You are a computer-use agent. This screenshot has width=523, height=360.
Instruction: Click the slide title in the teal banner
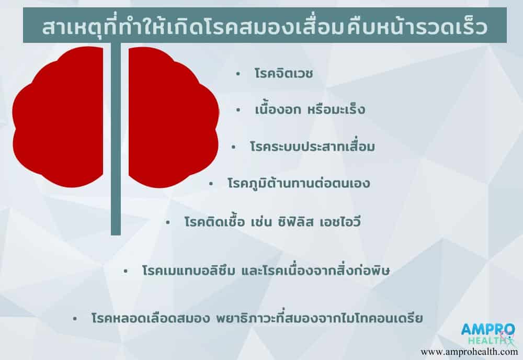point(265,27)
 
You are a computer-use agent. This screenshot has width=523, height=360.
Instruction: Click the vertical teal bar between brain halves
point(116,139)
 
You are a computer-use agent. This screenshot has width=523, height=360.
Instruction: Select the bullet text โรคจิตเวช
point(283,73)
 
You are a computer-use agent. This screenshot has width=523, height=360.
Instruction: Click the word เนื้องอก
point(278,109)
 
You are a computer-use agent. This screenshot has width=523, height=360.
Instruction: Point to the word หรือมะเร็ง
point(336,109)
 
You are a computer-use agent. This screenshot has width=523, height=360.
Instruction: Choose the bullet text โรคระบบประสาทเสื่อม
point(313,147)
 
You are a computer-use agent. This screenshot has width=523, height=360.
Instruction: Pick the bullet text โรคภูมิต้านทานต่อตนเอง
point(299,183)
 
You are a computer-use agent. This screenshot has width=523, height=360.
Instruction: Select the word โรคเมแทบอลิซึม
point(188,270)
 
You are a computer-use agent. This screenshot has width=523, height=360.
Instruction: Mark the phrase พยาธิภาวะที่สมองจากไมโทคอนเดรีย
point(319,318)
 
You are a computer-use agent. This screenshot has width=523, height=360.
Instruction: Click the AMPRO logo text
point(487,330)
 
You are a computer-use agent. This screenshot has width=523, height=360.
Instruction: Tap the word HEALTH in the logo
point(487,341)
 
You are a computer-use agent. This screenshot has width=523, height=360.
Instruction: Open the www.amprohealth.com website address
point(469,352)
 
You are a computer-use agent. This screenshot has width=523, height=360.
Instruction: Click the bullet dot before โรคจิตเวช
point(238,74)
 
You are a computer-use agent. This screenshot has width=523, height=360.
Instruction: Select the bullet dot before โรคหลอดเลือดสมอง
point(75,319)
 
